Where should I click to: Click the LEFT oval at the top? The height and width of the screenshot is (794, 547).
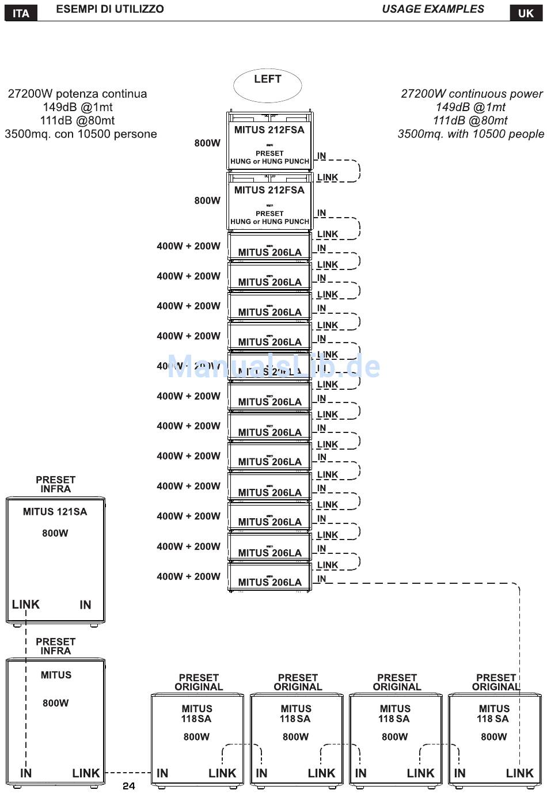[267, 85]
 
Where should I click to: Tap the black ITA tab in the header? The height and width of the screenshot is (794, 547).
[21, 13]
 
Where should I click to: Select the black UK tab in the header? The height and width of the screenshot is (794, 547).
[526, 13]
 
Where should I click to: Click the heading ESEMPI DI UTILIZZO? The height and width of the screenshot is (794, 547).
[109, 9]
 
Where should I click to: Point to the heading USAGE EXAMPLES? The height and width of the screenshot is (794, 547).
[433, 9]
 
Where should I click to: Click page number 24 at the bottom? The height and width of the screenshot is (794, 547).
[128, 786]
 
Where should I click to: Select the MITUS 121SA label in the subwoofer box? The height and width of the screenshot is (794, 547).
[55, 511]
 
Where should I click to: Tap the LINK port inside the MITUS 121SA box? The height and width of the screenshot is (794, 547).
[26, 605]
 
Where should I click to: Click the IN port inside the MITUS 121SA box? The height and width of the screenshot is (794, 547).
[85, 605]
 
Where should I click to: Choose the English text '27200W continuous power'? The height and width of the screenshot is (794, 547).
[472, 94]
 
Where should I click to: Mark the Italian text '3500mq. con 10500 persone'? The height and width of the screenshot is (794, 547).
[81, 134]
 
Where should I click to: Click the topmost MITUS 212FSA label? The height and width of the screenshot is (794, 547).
[269, 130]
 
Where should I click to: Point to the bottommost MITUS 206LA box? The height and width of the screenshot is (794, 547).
[269, 578]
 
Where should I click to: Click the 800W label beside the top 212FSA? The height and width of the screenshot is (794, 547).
[207, 143]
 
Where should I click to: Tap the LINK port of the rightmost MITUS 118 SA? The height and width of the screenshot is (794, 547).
[519, 773]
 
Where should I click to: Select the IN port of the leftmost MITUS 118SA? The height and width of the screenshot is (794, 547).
[162, 773]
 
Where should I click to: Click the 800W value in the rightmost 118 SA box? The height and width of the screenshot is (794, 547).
[494, 737]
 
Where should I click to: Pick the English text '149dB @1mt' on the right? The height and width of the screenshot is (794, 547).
[470, 107]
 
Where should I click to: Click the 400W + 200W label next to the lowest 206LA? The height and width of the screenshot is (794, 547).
[188, 576]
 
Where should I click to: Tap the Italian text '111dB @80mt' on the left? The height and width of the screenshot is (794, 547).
[77, 120]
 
